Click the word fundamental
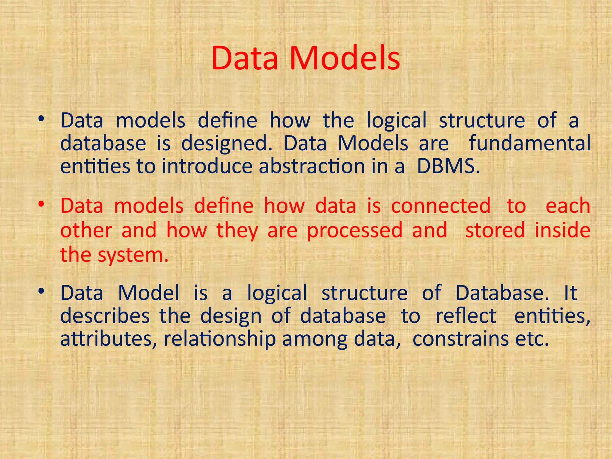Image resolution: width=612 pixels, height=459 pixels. pyautogui.click(x=530, y=143)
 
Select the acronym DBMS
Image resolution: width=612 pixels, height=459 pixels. pyautogui.click(x=448, y=166)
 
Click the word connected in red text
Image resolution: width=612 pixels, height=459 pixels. pyautogui.click(x=441, y=206)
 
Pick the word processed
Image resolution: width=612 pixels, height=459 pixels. pyautogui.click(x=355, y=231)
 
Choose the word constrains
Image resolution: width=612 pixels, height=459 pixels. pyautogui.click(x=460, y=339)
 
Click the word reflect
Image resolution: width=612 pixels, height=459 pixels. pyautogui.click(x=466, y=316)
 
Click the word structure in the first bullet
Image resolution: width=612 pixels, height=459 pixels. pyautogui.click(x=482, y=120)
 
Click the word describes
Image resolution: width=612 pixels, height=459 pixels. pyautogui.click(x=105, y=316)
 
